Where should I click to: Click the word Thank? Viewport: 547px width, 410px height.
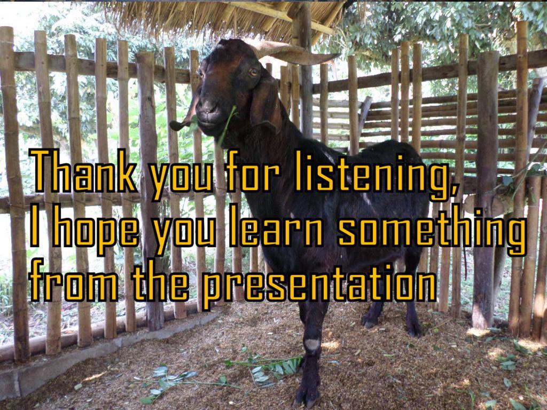(x=83, y=171)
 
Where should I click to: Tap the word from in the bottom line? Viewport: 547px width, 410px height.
(x=73, y=281)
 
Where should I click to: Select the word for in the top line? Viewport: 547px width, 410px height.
(x=253, y=171)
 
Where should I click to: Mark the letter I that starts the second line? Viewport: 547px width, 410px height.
(x=34, y=226)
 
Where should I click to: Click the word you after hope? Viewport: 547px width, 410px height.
(x=184, y=234)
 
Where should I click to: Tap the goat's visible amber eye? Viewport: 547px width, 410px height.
(x=254, y=72)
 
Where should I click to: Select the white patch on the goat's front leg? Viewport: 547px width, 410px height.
(x=312, y=344)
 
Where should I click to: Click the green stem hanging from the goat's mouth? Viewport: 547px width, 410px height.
(x=226, y=125)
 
